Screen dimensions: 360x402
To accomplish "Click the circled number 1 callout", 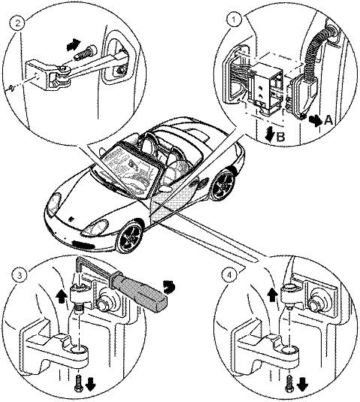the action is pos(233,20).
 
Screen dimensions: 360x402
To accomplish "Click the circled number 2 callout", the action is pos(18,24).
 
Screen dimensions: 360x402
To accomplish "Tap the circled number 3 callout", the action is pos(20,276).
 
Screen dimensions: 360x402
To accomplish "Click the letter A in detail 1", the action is pos(328,120).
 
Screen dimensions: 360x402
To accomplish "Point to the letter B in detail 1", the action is pos(281,138).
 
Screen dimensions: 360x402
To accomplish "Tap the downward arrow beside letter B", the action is pos(271,135).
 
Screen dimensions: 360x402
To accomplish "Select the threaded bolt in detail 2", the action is pos(86,53).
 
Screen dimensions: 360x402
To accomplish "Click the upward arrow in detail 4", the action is pos(272,294).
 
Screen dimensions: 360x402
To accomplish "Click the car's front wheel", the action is pos(129,237).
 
